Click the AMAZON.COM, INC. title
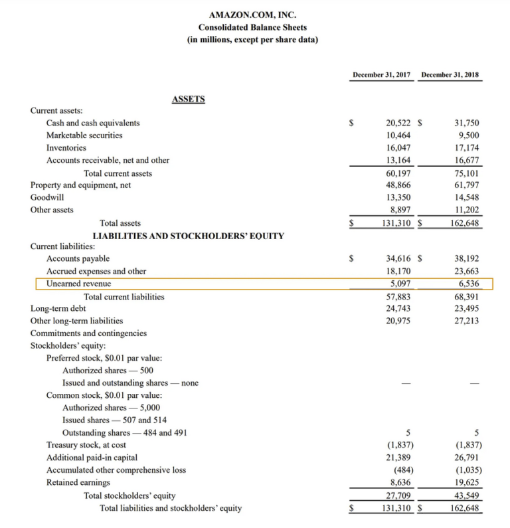coord(252,14)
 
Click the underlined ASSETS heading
coord(189,99)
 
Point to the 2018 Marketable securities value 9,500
coord(467,135)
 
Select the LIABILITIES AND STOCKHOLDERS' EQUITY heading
coord(189,235)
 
